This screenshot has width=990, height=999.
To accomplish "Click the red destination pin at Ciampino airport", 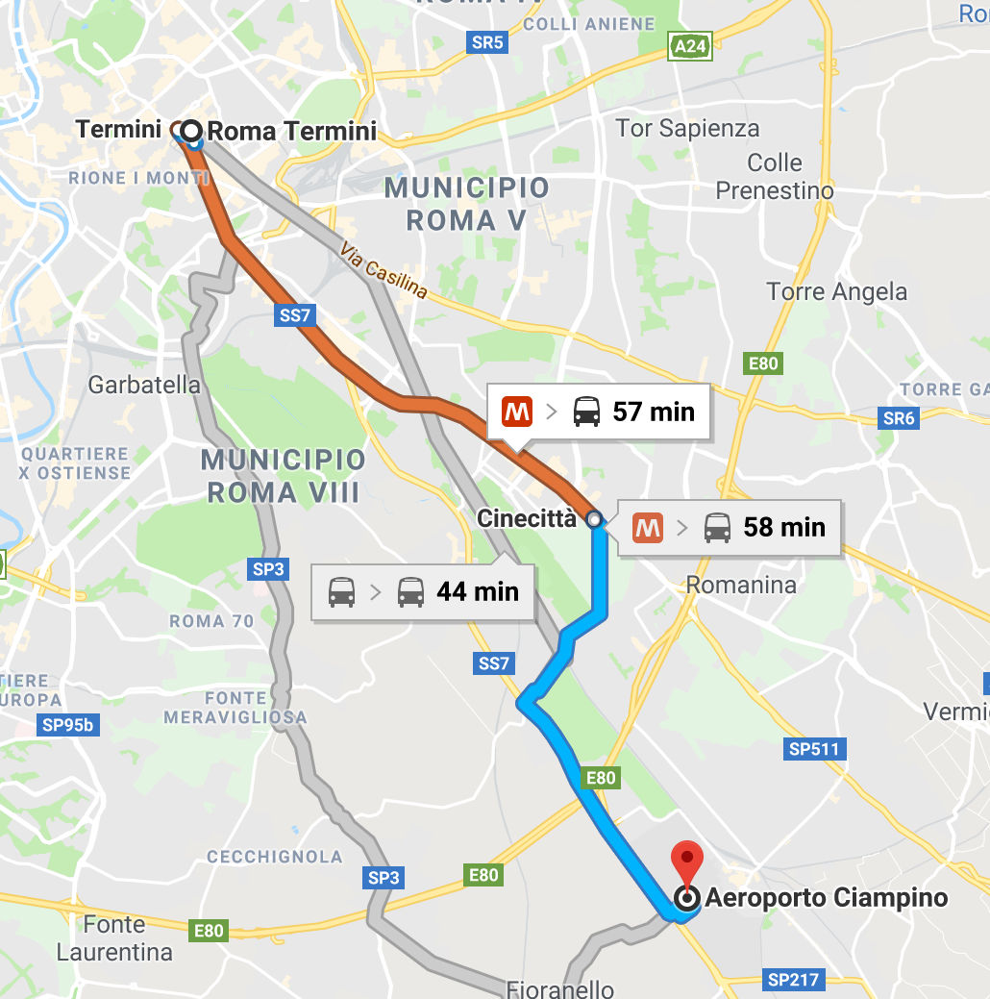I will tap(685, 859).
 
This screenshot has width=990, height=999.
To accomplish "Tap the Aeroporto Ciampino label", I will tap(826, 899).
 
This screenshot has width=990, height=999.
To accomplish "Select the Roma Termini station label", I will tap(292, 131).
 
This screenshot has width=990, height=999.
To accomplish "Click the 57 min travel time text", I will tap(654, 412).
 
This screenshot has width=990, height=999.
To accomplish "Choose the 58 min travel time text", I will tap(784, 527).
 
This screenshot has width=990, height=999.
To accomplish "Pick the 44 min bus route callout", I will tap(423, 591).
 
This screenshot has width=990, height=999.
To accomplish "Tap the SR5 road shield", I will tap(488, 42).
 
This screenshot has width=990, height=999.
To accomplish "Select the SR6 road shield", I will tap(899, 418).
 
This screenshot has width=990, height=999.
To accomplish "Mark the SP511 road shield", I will tap(814, 749).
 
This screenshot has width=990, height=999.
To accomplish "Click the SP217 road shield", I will tap(793, 980).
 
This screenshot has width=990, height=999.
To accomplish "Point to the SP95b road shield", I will tap(68, 725).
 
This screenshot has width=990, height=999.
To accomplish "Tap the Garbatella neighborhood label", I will tap(144, 386).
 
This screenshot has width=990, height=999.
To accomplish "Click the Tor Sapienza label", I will tap(686, 129).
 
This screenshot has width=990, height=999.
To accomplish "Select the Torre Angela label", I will tap(836, 291).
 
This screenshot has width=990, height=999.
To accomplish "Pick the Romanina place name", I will tap(741, 585).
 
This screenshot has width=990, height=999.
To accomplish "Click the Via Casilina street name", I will tap(384, 270).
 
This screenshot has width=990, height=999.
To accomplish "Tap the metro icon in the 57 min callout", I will tap(517, 412).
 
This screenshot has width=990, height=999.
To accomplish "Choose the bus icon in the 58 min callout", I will tap(717, 527).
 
